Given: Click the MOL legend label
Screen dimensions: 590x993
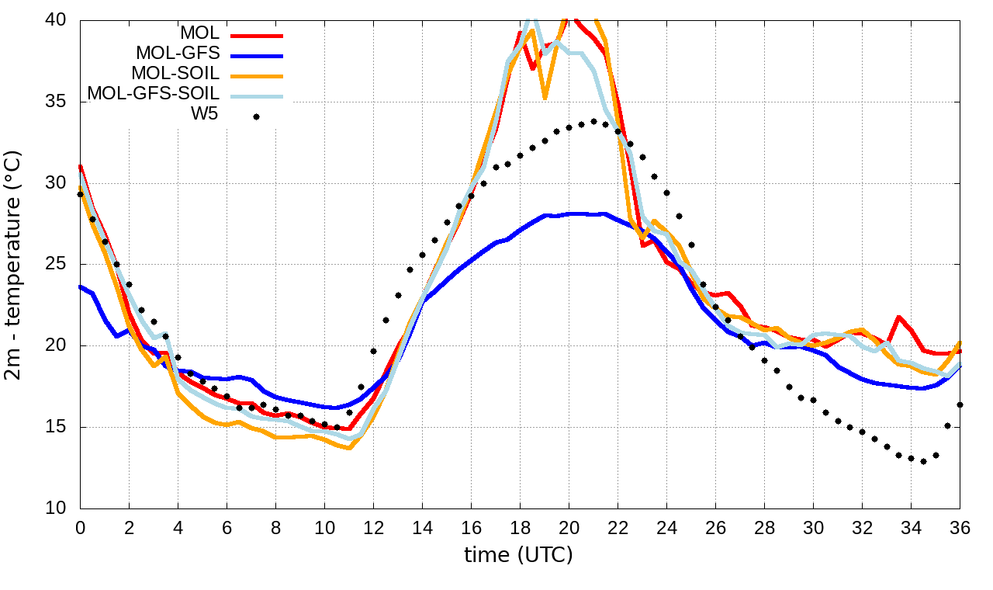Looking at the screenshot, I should click(199, 33).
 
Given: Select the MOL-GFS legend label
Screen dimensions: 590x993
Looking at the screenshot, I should click(178, 54).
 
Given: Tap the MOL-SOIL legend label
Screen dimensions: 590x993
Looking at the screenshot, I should click(175, 74).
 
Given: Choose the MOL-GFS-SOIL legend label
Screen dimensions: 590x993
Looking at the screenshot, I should click(154, 94).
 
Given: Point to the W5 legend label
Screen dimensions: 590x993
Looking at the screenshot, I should click(206, 114).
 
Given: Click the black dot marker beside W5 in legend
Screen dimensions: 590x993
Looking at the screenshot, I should click(256, 116).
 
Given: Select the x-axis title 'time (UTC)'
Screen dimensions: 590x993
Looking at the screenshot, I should click(518, 556).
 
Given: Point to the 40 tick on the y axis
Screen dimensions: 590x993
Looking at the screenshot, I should click(59, 21).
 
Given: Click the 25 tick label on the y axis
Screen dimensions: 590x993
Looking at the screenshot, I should click(59, 265).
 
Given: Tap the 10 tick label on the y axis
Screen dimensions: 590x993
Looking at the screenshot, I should click(59, 508).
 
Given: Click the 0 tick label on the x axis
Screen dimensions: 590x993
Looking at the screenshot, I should click(80, 527).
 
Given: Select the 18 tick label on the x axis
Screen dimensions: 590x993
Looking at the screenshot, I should click(520, 527).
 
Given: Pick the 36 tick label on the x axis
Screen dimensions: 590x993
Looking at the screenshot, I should click(960, 527).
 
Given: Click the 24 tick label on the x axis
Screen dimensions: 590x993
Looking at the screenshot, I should click(666, 527).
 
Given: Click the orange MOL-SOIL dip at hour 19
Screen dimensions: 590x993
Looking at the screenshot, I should click(545, 98).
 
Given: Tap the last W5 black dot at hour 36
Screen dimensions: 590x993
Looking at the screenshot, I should click(960, 404).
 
